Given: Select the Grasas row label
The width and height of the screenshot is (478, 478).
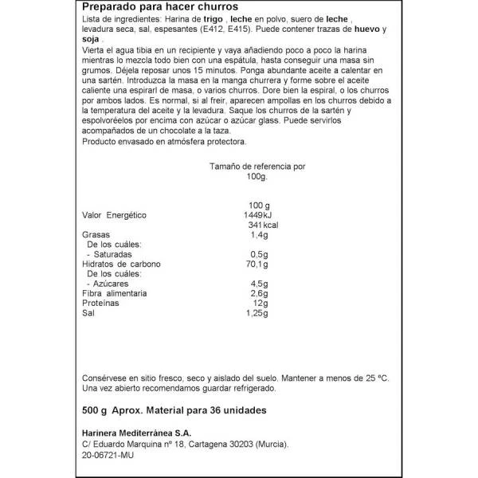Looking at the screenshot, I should click(96, 236).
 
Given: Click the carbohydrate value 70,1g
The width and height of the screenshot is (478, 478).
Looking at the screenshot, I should click(256, 264).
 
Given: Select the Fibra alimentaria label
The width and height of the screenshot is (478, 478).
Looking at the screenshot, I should click(114, 294).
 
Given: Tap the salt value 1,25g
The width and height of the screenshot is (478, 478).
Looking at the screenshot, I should click(256, 314).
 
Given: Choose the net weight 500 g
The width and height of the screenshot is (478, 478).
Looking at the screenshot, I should click(96, 411).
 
